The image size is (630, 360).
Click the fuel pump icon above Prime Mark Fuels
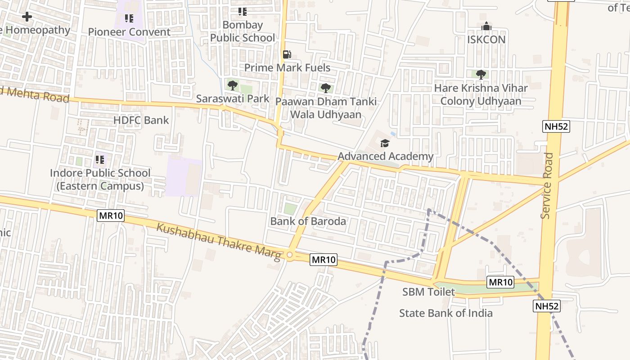point(287,55)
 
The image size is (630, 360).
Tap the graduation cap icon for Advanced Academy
point(385,144)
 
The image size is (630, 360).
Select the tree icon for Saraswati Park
point(232,85)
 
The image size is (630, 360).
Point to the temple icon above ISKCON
point(486,27)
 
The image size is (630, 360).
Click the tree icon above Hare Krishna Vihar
point(481,74)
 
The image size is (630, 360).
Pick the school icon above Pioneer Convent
point(129,18)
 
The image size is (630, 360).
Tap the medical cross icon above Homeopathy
point(27,17)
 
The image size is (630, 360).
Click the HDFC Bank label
point(141,120)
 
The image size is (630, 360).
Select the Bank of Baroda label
point(308,221)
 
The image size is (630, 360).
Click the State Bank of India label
point(445,313)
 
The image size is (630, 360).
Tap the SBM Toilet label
point(428,292)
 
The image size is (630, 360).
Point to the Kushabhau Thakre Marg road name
point(219,241)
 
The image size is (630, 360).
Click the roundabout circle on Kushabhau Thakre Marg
point(289,256)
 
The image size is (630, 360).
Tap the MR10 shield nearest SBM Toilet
point(500,282)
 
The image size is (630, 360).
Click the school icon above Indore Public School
point(100,160)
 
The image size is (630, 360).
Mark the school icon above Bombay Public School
point(243,12)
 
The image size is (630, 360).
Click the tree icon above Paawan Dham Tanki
point(326,88)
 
